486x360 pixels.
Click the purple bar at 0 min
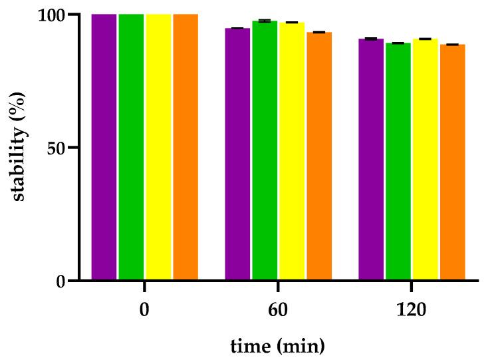tap(104, 146)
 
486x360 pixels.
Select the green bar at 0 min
tap(131, 146)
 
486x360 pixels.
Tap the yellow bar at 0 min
tap(158, 146)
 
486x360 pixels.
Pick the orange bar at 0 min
tap(185, 146)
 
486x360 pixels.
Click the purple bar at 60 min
tap(237, 154)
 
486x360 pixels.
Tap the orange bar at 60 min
tap(319, 156)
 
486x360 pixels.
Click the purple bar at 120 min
tap(371, 159)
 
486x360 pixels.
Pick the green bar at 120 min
tap(398, 161)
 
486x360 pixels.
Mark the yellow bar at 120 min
tap(425, 159)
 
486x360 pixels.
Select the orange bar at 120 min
tap(453, 162)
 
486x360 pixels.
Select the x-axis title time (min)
tap(277, 346)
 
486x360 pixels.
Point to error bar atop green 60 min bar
tap(265, 21)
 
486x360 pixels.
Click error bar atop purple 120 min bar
tap(371, 39)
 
